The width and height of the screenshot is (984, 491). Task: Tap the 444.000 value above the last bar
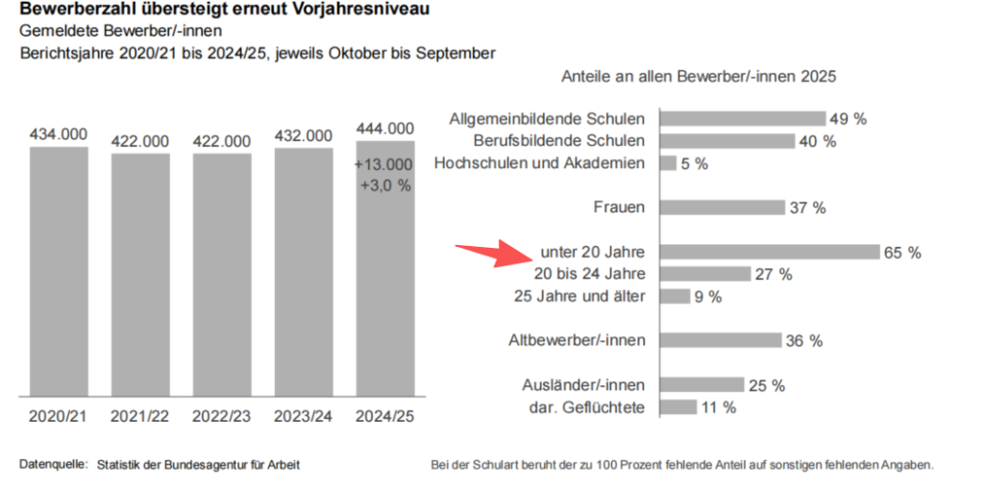(385, 128)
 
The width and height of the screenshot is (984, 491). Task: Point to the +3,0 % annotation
(385, 185)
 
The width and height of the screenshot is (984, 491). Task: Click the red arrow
(491, 255)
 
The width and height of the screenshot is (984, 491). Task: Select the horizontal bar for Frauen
(723, 208)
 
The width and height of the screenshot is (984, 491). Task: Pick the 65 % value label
(902, 253)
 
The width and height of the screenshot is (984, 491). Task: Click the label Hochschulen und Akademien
(539, 163)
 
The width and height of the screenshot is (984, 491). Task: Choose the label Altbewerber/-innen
(577, 340)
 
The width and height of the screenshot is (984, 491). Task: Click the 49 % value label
(849, 119)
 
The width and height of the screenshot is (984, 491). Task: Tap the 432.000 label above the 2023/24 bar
(304, 135)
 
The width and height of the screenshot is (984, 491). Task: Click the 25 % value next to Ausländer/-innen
(766, 385)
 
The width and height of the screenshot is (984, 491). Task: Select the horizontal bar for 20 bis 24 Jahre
(704, 274)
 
